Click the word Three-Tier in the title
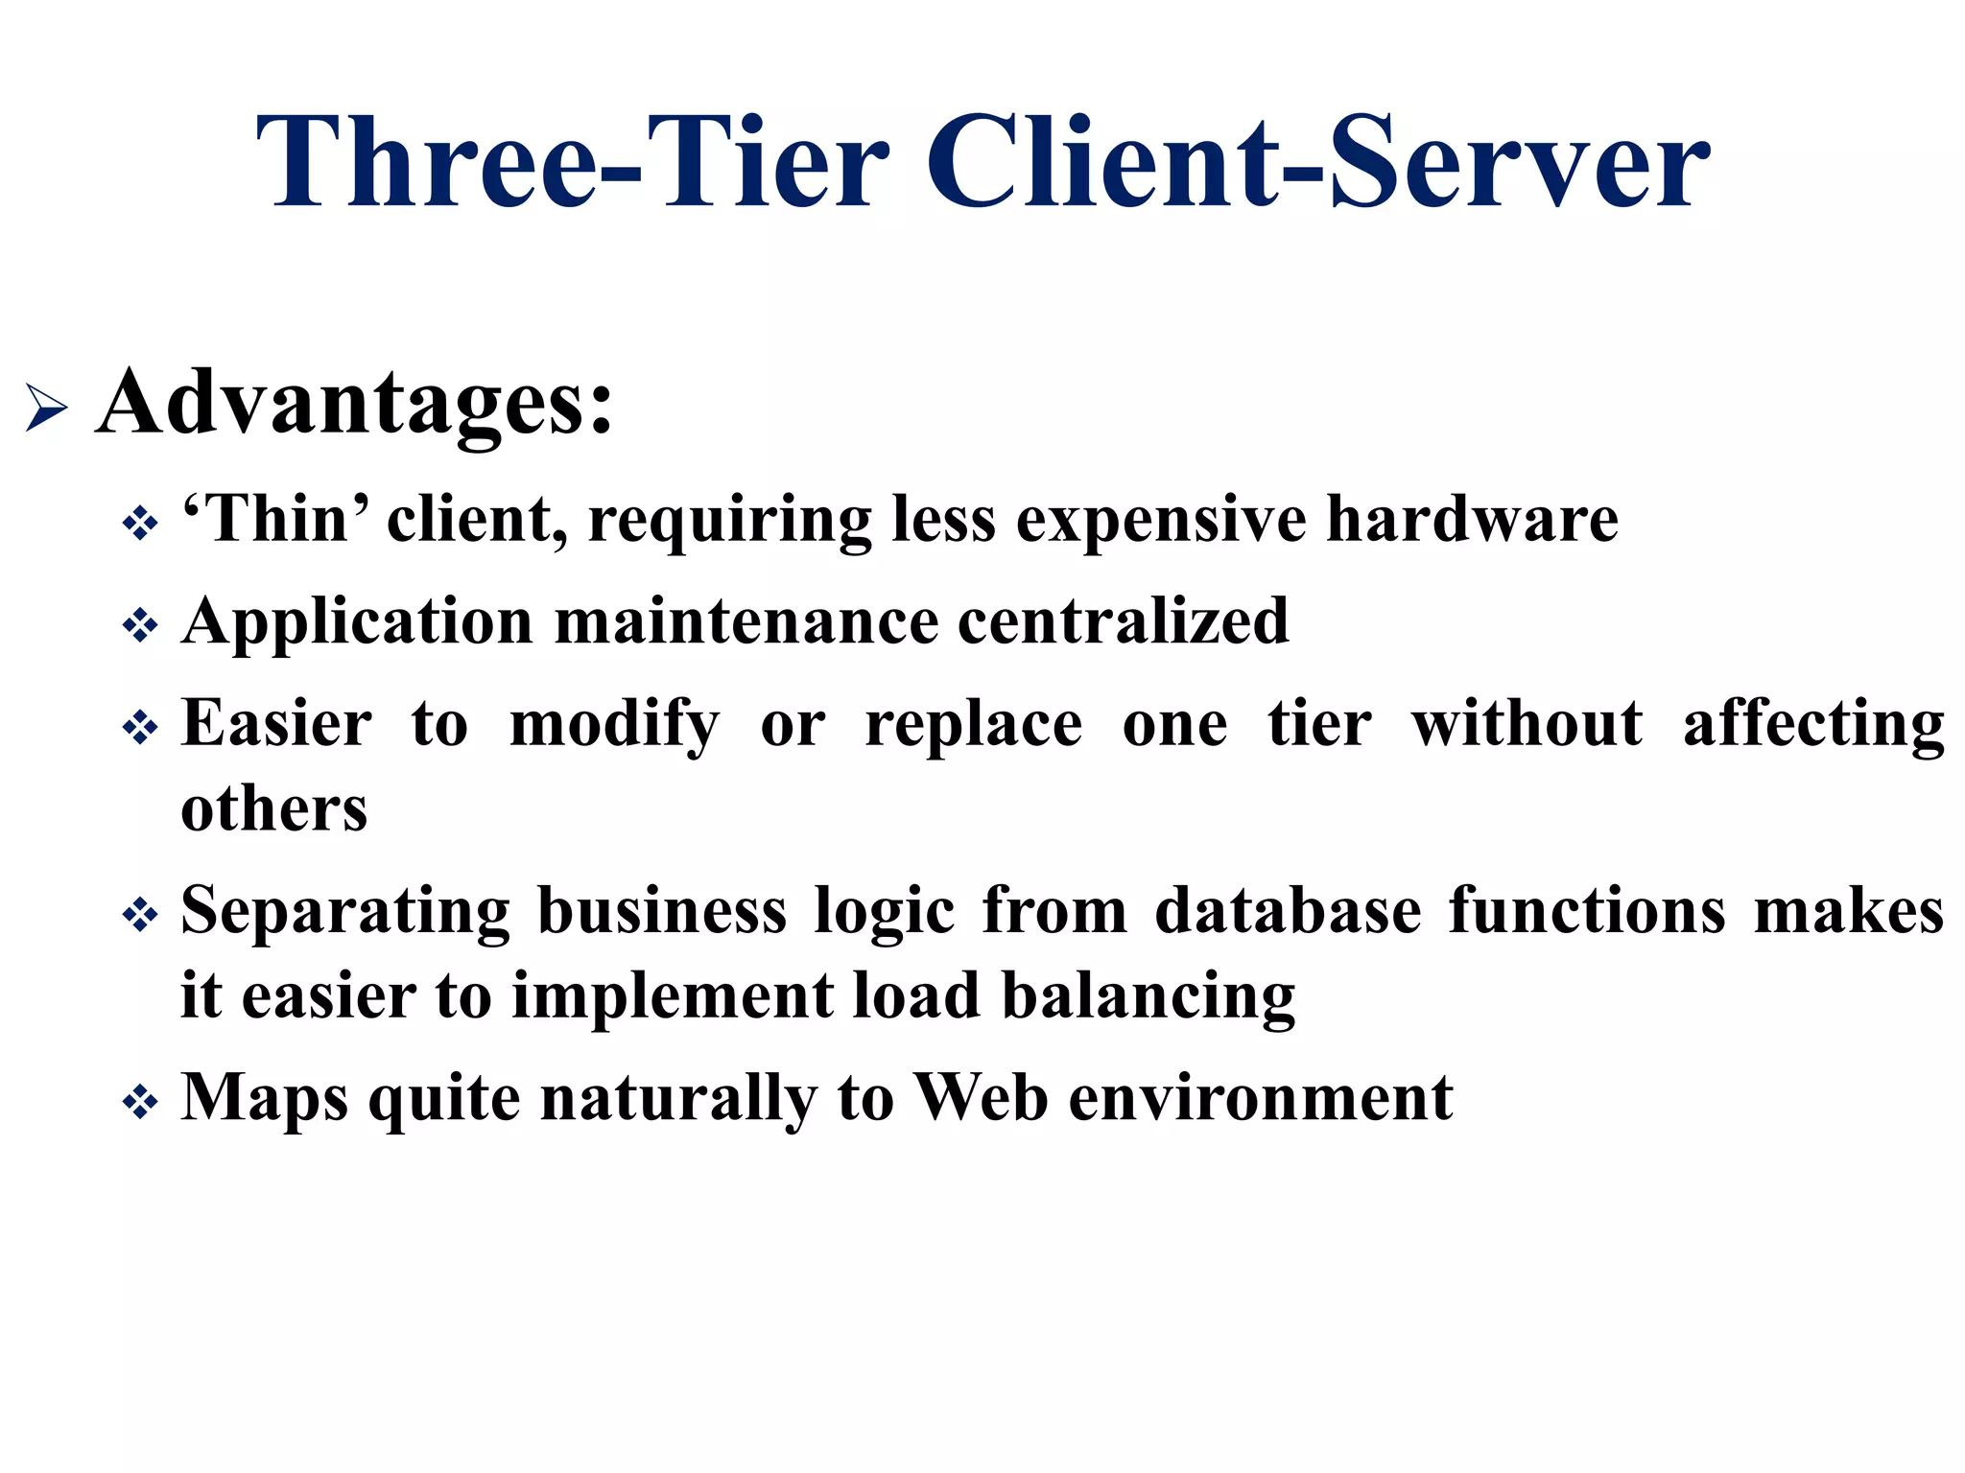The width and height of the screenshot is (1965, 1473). coord(573,163)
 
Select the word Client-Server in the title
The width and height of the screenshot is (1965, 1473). coord(1317,163)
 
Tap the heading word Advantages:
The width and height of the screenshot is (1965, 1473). coord(354,403)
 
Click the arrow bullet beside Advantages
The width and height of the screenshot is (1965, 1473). coord(46,407)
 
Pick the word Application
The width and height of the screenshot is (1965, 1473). coord(357,623)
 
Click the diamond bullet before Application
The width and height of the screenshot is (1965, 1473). coord(140,626)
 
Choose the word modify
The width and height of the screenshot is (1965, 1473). coord(614,726)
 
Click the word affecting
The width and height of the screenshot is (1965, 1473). coord(1813,726)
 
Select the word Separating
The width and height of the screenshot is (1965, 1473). coord(345,912)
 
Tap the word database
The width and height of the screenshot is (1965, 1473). coord(1288,910)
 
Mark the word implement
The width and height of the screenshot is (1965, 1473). coord(673,997)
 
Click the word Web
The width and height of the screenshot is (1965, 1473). coord(981,1097)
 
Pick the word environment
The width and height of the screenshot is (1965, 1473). coord(1261,1098)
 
